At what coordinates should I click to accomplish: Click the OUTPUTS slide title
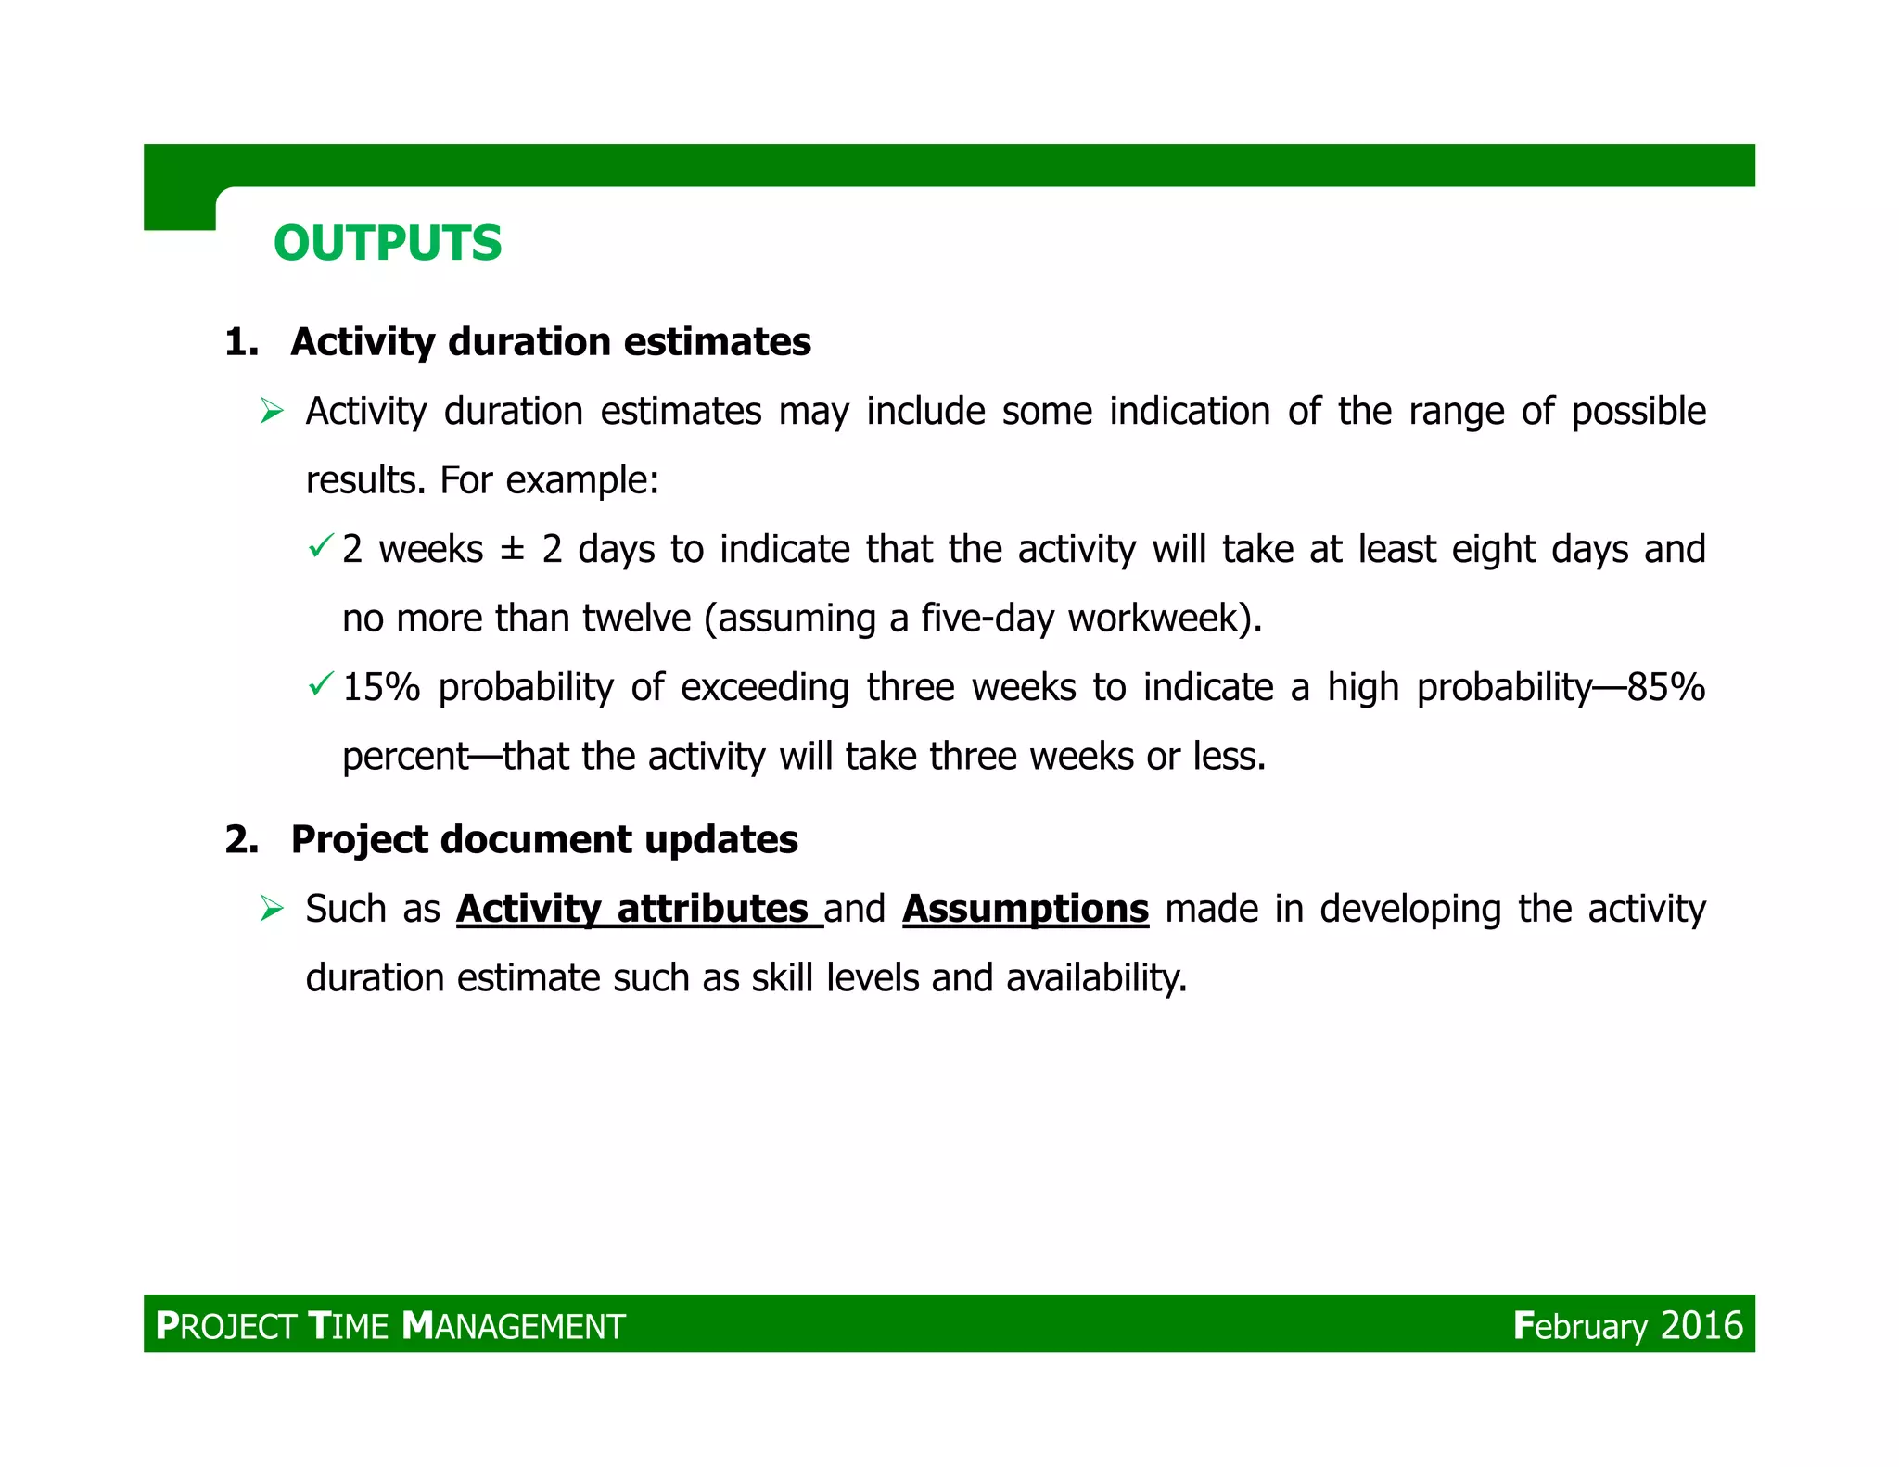(388, 243)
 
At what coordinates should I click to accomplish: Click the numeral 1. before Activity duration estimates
(241, 342)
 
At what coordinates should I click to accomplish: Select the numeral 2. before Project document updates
(241, 839)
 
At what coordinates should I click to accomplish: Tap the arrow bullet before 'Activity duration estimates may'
(272, 410)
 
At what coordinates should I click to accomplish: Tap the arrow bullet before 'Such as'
(272, 908)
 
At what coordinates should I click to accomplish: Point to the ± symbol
(512, 550)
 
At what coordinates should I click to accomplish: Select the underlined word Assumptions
(1026, 909)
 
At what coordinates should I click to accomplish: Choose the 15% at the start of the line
(381, 688)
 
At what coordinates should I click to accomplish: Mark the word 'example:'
(582, 480)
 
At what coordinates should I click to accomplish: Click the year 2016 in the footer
(1701, 1325)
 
